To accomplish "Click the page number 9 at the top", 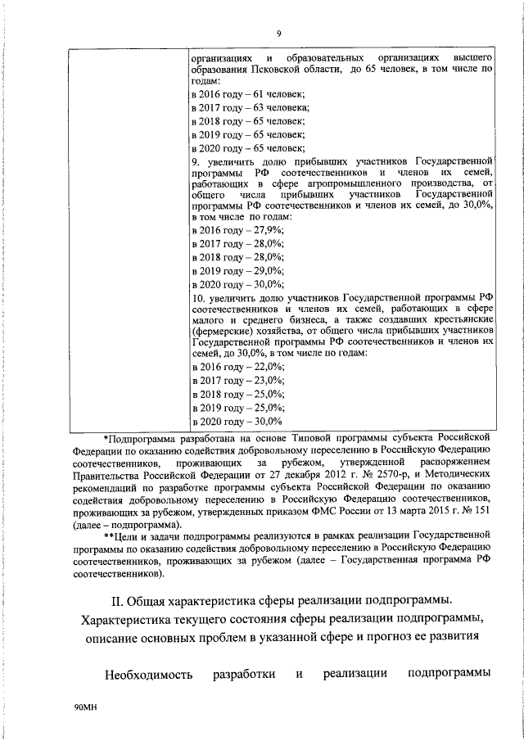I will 278,33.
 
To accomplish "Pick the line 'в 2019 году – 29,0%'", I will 238,270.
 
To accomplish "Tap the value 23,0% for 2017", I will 268,382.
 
